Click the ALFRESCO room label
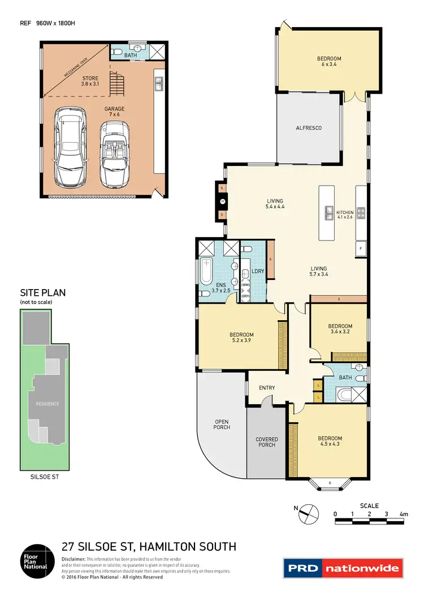(x=308, y=128)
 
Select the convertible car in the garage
(x=115, y=155)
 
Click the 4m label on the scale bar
(x=404, y=513)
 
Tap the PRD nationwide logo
(x=343, y=567)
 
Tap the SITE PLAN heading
(x=43, y=292)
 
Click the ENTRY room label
(x=267, y=388)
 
